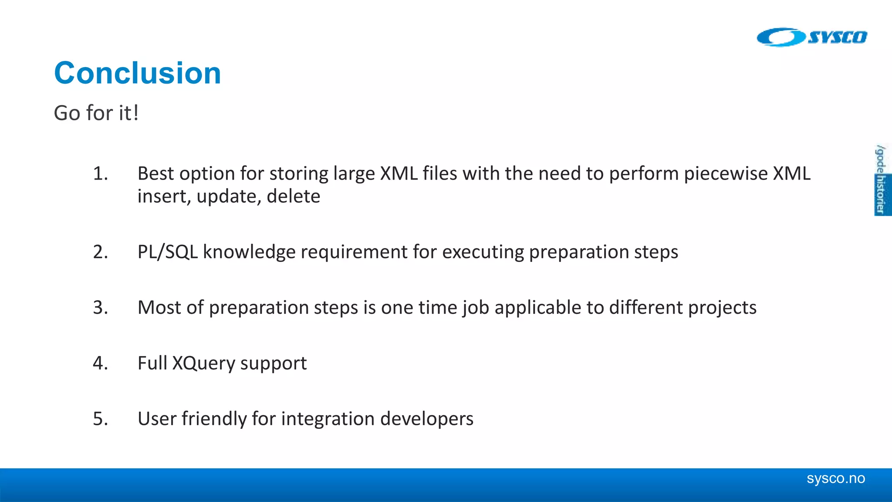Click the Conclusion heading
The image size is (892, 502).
coord(138,73)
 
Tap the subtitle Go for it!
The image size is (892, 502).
coord(96,113)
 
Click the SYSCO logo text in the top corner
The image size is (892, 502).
coord(837,37)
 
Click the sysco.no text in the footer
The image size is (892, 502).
coord(835,478)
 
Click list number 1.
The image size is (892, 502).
coord(100,173)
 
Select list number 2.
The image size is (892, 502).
coord(100,252)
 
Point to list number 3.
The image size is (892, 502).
coord(100,308)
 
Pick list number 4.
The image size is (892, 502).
coord(100,363)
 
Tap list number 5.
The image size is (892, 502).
coord(100,419)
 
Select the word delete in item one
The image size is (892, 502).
coord(293,196)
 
